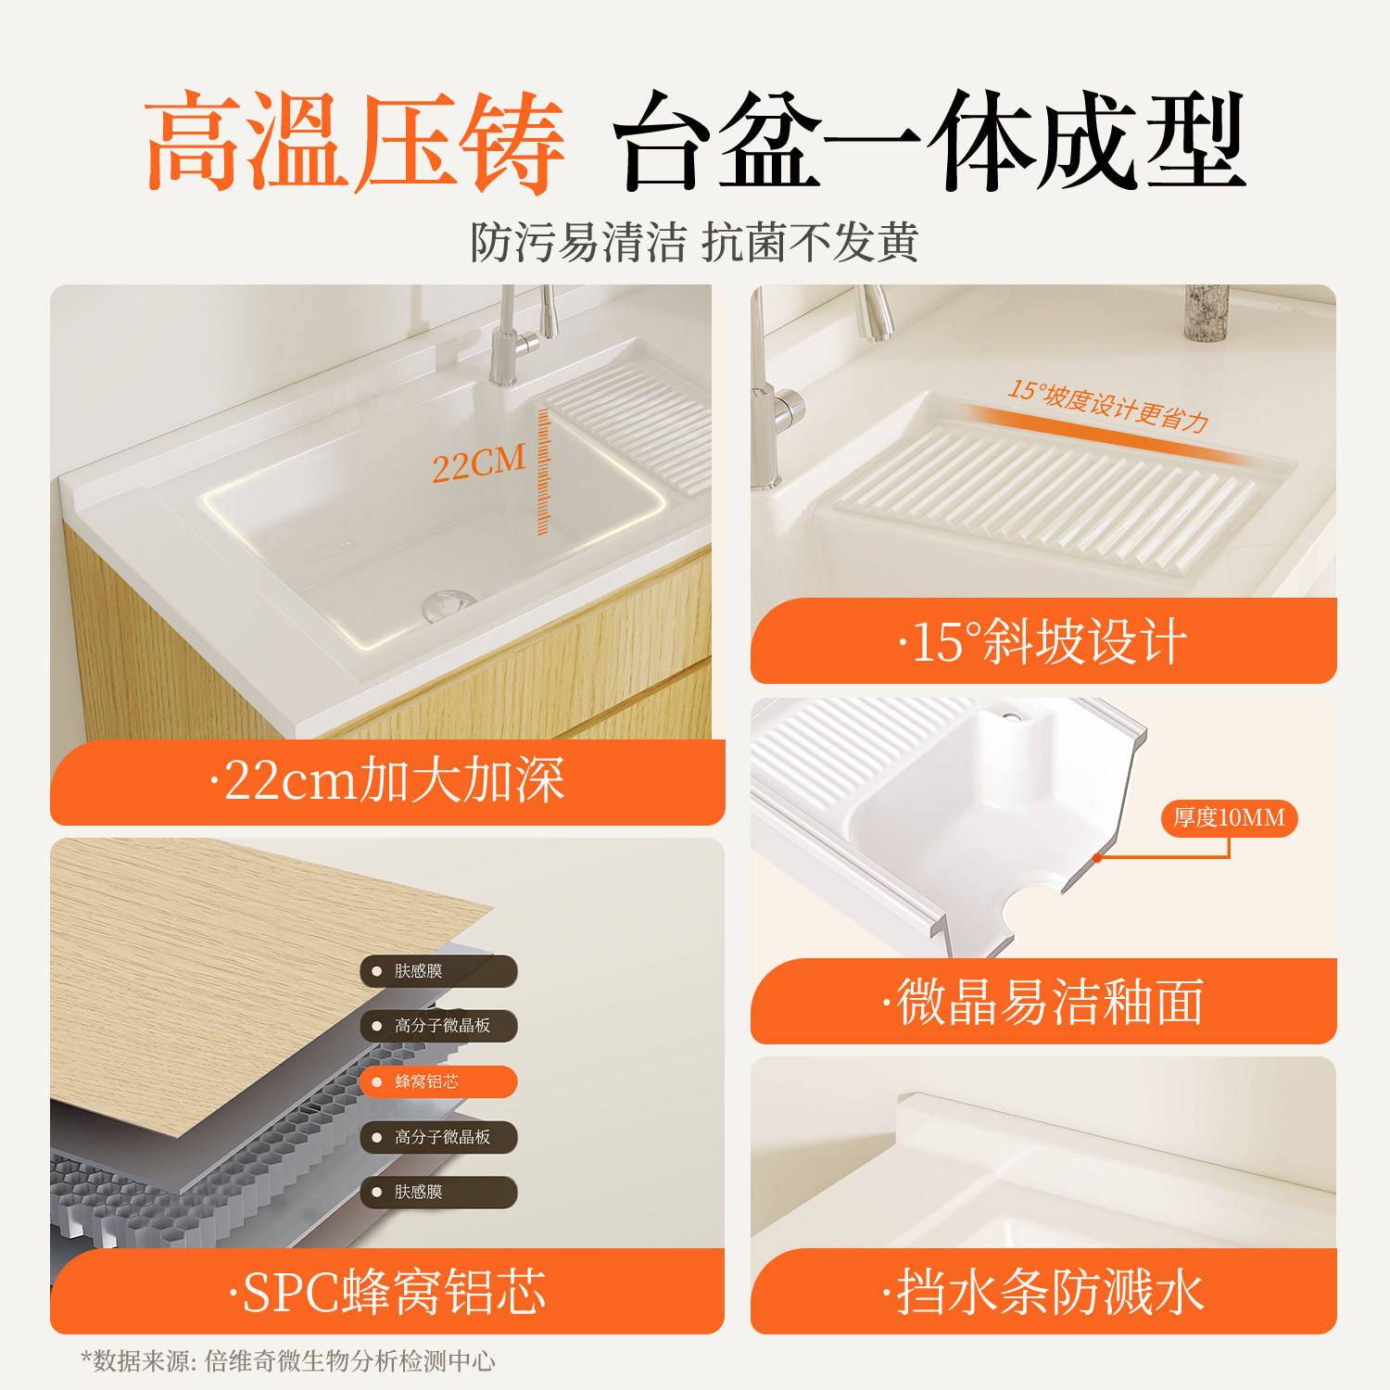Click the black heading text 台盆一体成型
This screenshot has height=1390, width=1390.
point(929,142)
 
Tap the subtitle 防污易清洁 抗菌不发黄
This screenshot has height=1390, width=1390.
point(694,243)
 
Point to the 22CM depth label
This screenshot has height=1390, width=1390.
point(478,462)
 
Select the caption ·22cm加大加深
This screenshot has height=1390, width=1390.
point(386,780)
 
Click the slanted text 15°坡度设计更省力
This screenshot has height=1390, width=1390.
point(1108,406)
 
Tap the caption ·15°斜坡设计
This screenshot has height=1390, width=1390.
point(1042,641)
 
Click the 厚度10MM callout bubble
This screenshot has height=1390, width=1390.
point(1229,818)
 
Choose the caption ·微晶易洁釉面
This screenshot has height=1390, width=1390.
point(1042,1002)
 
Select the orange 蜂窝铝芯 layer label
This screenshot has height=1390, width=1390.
point(438,1081)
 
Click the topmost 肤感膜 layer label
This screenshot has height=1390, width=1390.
point(438,971)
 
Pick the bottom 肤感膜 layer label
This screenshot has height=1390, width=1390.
point(438,1192)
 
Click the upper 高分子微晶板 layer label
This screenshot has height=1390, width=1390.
point(438,1026)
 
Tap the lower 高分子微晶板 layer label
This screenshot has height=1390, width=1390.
point(438,1137)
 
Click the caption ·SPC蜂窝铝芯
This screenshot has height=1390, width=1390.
point(387,1292)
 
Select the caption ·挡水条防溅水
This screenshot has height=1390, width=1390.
point(1042,1292)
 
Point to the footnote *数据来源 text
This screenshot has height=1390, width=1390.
point(287,1360)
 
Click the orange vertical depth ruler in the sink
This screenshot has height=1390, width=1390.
point(543,472)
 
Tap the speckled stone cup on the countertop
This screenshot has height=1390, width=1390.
point(1207,313)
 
